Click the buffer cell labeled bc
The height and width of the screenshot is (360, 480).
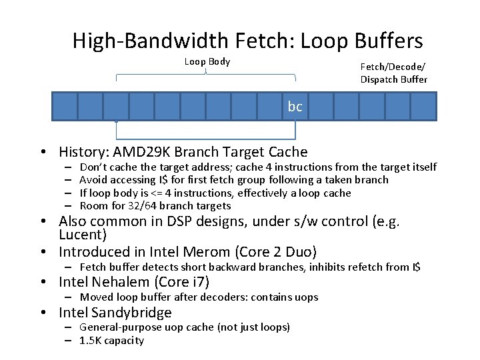point(295,106)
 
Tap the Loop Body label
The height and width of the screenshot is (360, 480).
point(207,62)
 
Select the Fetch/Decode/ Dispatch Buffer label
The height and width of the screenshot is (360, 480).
point(393,73)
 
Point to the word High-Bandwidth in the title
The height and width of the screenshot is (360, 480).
point(151,41)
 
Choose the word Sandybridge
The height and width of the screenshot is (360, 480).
point(133,313)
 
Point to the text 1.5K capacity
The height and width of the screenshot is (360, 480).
point(111,341)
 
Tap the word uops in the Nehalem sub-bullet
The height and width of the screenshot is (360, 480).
point(307,297)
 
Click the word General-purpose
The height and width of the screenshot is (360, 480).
point(117,327)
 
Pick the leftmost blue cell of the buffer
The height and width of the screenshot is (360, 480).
point(65,106)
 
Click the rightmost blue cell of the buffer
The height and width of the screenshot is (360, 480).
point(423,106)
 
